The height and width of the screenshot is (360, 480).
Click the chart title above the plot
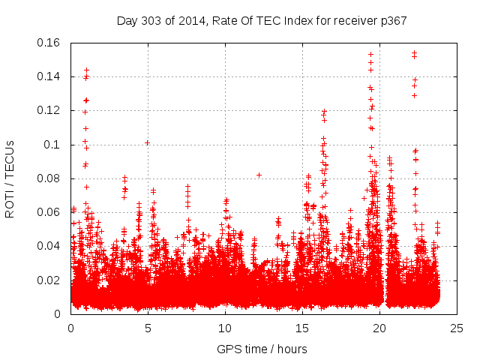[262, 20]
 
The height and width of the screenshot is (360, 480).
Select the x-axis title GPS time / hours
[262, 349]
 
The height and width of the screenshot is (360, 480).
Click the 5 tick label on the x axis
[148, 328]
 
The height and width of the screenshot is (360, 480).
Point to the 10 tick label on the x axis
[225, 328]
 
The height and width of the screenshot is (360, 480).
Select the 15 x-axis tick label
[302, 328]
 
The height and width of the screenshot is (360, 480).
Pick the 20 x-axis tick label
[379, 328]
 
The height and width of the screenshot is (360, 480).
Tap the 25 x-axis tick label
[457, 328]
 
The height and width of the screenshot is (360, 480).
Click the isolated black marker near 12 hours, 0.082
[259, 175]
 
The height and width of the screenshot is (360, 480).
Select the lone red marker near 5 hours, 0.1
[148, 142]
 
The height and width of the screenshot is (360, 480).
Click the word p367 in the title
[392, 20]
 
